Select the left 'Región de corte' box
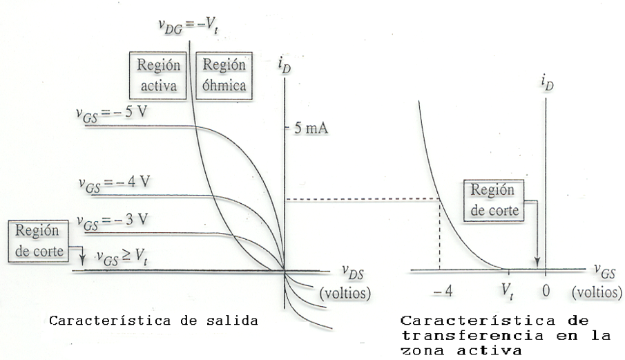(39, 239)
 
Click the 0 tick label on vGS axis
(546, 292)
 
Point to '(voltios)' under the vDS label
(345, 292)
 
